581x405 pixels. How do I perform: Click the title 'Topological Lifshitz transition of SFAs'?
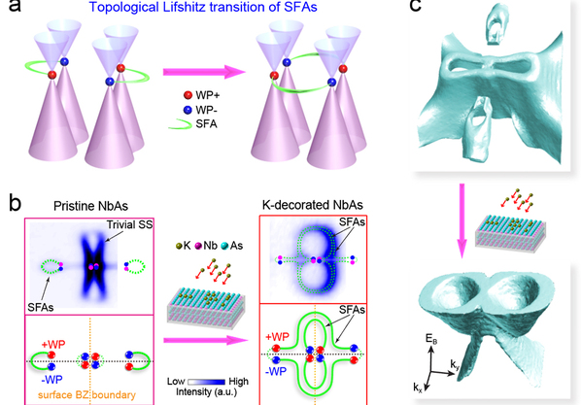[x=203, y=7]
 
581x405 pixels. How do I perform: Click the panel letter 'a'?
[x=14, y=6]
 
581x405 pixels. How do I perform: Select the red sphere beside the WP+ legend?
[x=188, y=95]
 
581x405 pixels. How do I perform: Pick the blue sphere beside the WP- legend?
[x=188, y=110]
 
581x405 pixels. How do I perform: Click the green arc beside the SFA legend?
[x=180, y=125]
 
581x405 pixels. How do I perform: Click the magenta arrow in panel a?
[x=204, y=72]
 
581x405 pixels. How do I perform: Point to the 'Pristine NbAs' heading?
[x=90, y=206]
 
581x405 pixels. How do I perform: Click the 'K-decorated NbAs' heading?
[x=313, y=205]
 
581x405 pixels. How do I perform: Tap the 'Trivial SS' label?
[x=129, y=225]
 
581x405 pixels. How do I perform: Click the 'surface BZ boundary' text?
[x=87, y=395]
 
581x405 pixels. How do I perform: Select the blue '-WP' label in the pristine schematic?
[x=51, y=380]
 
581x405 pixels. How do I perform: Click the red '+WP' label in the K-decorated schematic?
[x=277, y=337]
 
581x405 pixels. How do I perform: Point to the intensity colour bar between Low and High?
[x=206, y=382]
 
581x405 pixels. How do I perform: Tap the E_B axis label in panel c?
[x=431, y=339]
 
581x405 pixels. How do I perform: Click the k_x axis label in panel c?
[x=418, y=388]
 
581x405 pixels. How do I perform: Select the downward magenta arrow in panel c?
[x=461, y=220]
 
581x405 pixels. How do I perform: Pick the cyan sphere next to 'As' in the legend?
[x=224, y=246]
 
